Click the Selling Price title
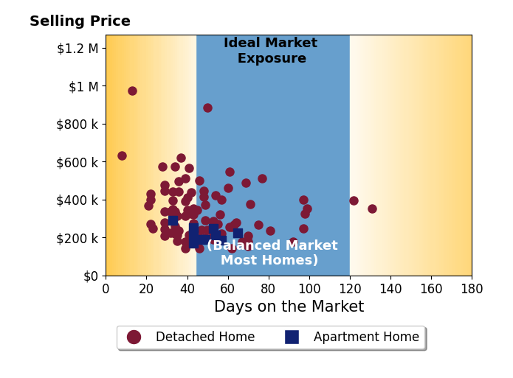coord(80,21)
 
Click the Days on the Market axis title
coord(289,307)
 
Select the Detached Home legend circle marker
coord(134,337)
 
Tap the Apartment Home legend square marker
coord(292,337)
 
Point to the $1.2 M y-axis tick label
coord(78,49)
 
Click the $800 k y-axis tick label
coord(78,125)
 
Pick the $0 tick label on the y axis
coord(91,276)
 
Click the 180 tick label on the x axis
coord(472,289)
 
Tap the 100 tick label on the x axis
coord(309,289)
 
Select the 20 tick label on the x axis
coord(146,289)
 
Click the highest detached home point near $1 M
coord(132,91)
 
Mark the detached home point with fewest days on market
coord(122,155)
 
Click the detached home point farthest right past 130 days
coord(372,209)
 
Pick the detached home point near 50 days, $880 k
coord(207,108)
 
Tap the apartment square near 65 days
coord(238,233)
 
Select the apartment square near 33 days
coord(173,220)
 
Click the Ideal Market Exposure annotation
coord(271,50)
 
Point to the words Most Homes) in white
coord(269,260)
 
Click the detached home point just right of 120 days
coord(354,200)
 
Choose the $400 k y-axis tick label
coord(78,200)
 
